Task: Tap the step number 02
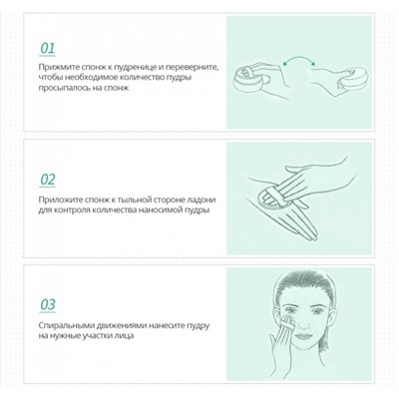[x=47, y=180]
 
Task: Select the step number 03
[x=47, y=304]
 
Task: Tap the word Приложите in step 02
[x=63, y=199]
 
